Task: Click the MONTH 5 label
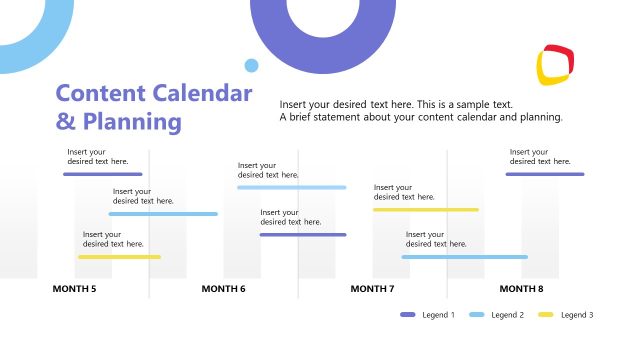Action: [x=74, y=289]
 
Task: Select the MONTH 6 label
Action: [x=223, y=289]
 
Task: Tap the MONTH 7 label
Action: [x=372, y=289]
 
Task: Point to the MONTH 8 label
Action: [x=521, y=289]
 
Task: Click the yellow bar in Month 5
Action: [x=119, y=257]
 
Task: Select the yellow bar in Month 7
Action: [x=425, y=210]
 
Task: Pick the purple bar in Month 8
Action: [x=544, y=174]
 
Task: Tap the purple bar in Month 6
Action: [x=303, y=235]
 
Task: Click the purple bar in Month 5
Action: [x=102, y=174]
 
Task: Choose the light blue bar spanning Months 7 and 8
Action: [x=464, y=257]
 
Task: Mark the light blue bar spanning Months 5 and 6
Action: [x=163, y=214]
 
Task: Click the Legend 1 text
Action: [x=439, y=315]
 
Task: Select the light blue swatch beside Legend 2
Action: [x=477, y=315]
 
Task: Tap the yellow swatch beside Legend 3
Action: [x=546, y=315]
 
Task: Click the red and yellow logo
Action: [x=556, y=64]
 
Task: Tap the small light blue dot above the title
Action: [x=251, y=66]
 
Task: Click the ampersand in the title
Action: [x=65, y=122]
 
